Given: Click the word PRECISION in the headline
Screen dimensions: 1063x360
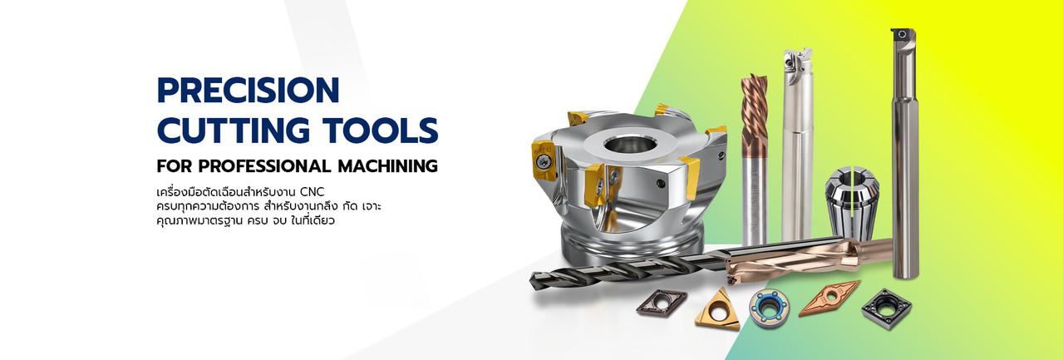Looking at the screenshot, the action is (248, 90).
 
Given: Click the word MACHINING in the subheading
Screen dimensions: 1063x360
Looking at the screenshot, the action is (387, 166).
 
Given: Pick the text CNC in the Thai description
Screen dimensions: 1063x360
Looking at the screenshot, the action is (313, 192).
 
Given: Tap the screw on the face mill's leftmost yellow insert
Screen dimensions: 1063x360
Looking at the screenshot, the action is (542, 162).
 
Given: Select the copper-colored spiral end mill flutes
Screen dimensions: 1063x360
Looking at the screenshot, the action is (754, 114).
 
